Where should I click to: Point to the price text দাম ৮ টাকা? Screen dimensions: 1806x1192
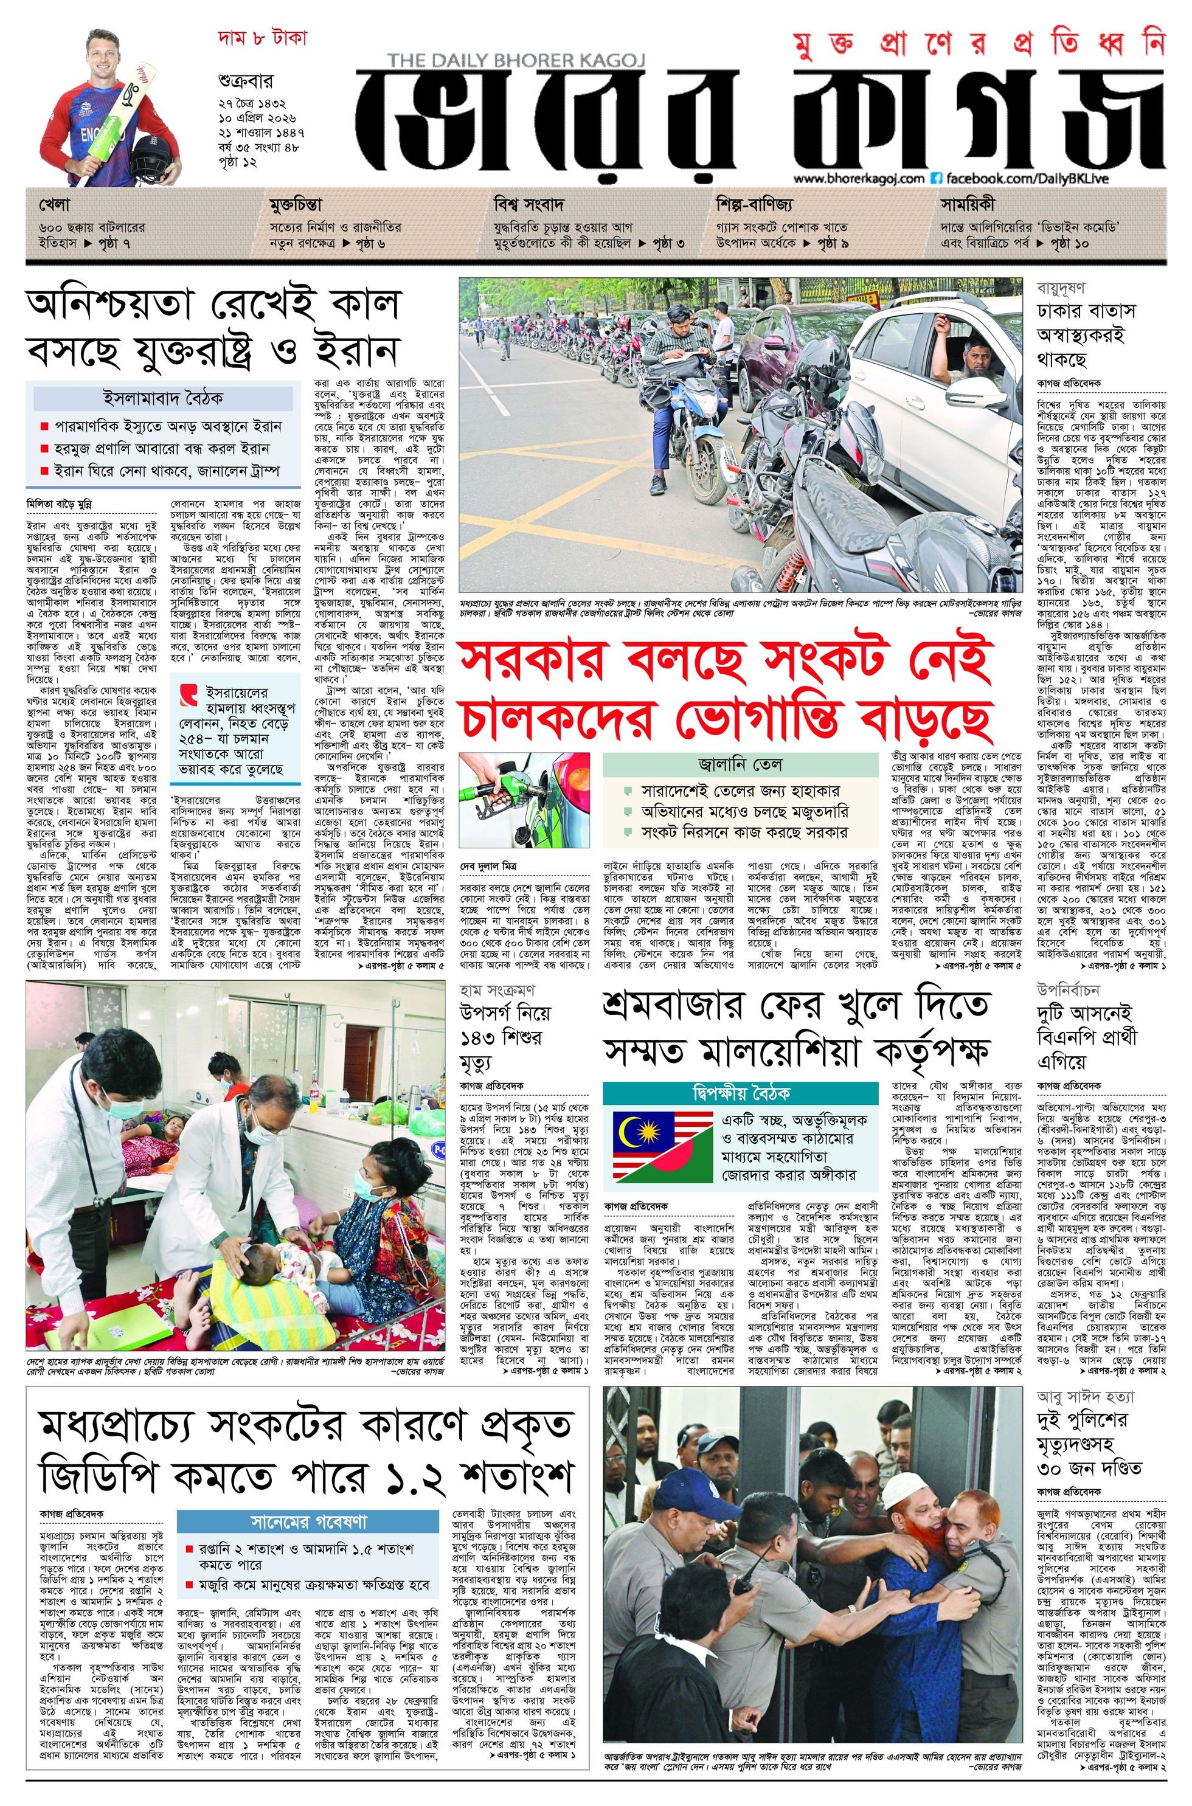(x=260, y=40)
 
